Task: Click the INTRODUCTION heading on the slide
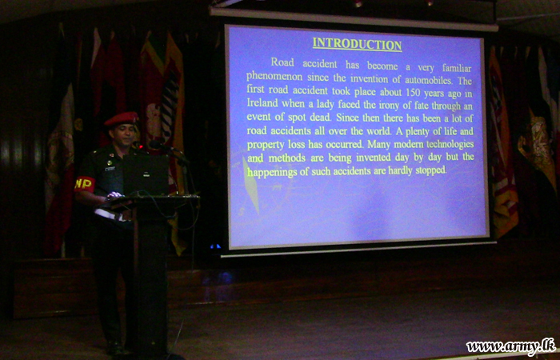point(357,44)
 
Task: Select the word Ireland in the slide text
point(262,103)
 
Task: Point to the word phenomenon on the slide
point(274,78)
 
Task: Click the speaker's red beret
point(122,119)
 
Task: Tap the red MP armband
point(84,184)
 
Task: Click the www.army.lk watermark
point(510,346)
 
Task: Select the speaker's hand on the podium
point(114,195)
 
